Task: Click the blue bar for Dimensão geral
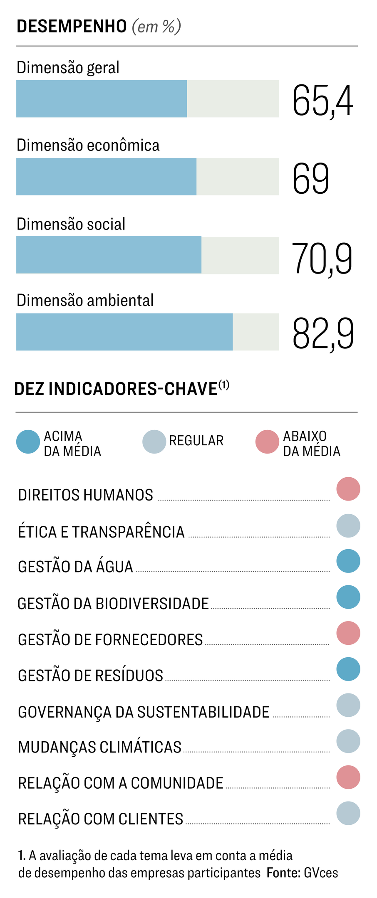(102, 99)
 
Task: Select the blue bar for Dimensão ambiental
(124, 332)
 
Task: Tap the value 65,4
(323, 101)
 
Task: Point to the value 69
(311, 179)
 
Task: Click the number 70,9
(322, 259)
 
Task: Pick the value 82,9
(323, 333)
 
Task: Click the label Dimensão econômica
(88, 146)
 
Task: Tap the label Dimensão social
(71, 224)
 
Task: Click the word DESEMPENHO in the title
(72, 27)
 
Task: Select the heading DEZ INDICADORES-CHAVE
(116, 389)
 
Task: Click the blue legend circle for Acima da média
(28, 442)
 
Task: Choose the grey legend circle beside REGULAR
(154, 442)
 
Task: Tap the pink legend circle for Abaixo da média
(267, 442)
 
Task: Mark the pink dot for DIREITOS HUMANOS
(348, 489)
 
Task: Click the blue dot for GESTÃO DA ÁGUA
(348, 561)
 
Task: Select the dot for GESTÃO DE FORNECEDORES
(348, 633)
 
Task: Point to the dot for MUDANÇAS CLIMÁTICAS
(348, 741)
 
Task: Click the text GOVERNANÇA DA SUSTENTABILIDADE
(144, 712)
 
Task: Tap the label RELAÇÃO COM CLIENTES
(101, 819)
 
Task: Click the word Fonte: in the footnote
(283, 872)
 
